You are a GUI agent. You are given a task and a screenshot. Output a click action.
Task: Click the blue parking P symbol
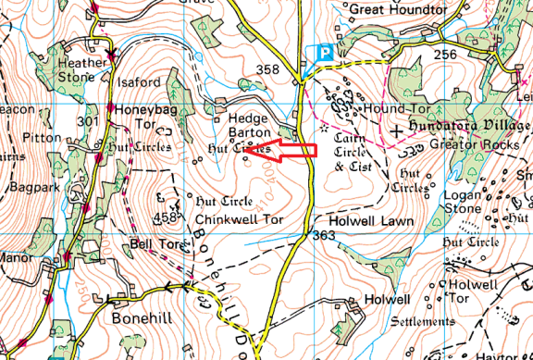(x=324, y=55)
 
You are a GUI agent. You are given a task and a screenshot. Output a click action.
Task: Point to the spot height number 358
(x=267, y=69)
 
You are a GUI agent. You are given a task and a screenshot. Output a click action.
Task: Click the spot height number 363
(x=323, y=236)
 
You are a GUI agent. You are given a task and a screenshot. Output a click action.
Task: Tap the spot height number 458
(x=166, y=218)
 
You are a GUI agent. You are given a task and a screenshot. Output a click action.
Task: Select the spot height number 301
(x=89, y=121)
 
